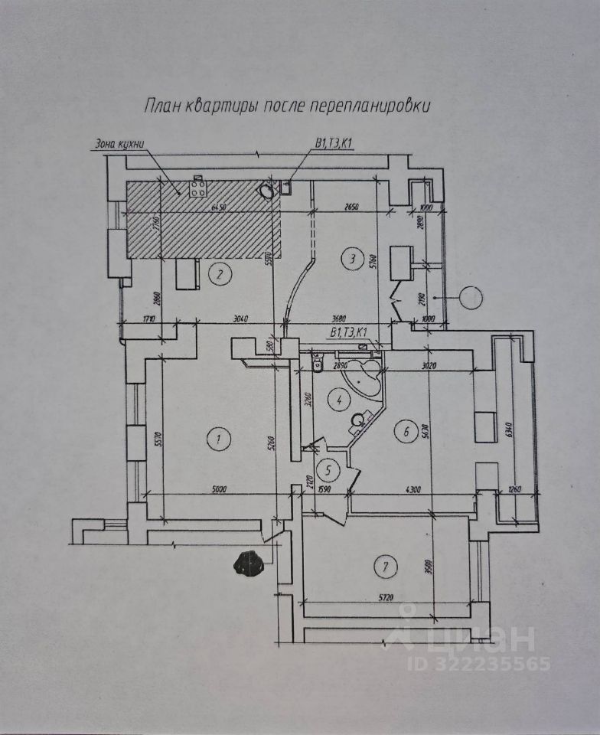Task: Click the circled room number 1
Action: tap(218, 439)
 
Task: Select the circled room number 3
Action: tap(351, 258)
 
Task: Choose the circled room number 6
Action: tap(405, 432)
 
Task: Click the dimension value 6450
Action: tap(220, 207)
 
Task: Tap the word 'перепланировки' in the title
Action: tap(370, 105)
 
